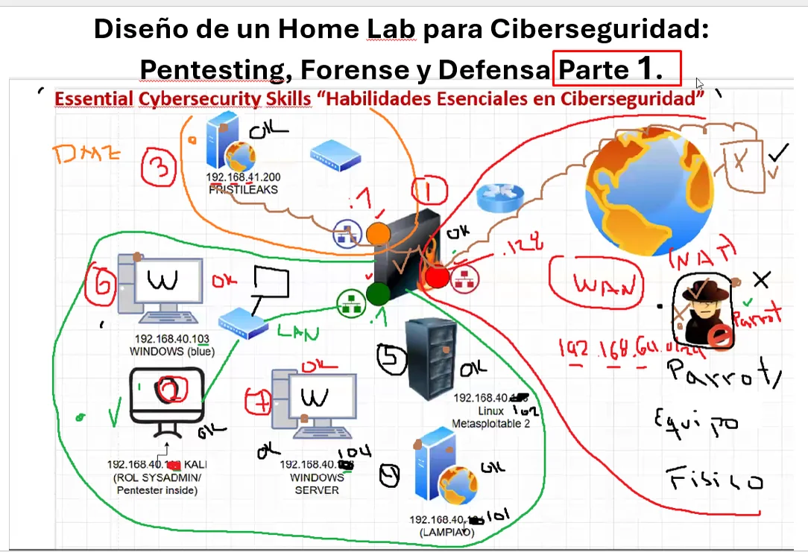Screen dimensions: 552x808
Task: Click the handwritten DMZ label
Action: pyautogui.click(x=88, y=156)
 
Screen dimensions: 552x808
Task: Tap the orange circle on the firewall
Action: pyautogui.click(x=378, y=234)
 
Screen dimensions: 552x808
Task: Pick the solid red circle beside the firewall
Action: pyautogui.click(x=437, y=277)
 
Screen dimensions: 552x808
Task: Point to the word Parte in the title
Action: pyautogui.click(x=593, y=69)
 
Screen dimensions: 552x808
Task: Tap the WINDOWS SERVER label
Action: pyautogui.click(x=311, y=483)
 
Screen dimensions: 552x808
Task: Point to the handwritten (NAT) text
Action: pyautogui.click(x=702, y=257)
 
